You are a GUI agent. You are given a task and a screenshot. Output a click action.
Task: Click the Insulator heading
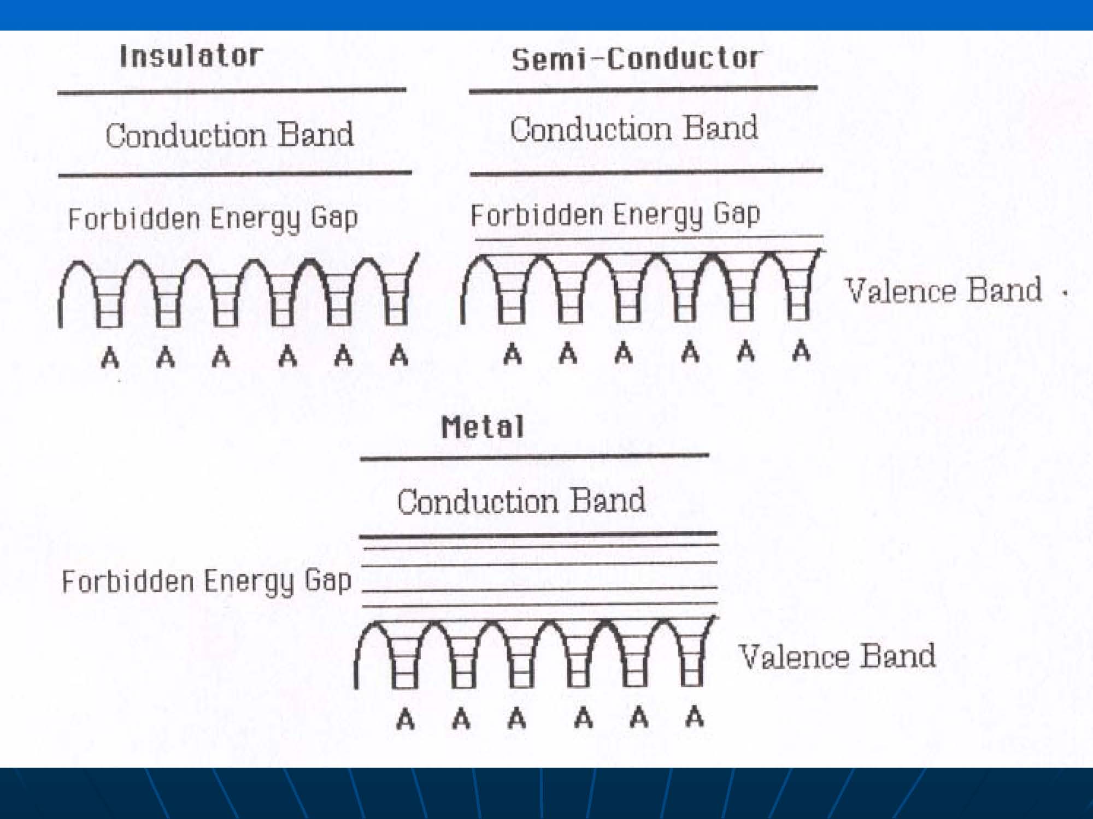click(191, 56)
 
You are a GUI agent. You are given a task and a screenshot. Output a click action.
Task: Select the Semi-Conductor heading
click(636, 59)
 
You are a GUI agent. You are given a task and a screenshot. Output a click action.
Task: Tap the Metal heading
click(482, 428)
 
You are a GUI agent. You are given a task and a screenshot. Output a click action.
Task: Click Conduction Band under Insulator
click(230, 135)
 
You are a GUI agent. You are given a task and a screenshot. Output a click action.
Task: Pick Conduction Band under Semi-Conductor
click(634, 129)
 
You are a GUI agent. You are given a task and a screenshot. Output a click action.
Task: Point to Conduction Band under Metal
click(521, 501)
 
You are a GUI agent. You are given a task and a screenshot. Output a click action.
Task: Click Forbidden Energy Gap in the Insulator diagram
click(213, 219)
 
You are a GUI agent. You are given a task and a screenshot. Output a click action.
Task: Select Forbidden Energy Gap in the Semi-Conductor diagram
click(615, 215)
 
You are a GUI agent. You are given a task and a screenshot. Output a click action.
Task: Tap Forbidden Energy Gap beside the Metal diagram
click(206, 581)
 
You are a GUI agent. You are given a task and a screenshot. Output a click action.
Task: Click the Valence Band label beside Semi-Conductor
click(943, 290)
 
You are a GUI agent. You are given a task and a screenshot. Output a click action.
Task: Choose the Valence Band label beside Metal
click(837, 656)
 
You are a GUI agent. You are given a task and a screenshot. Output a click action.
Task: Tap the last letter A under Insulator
click(399, 356)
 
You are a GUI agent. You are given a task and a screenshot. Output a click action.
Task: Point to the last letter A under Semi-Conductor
click(801, 351)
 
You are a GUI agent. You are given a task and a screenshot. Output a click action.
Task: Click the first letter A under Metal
click(405, 719)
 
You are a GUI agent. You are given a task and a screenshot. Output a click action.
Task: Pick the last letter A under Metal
click(694, 716)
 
